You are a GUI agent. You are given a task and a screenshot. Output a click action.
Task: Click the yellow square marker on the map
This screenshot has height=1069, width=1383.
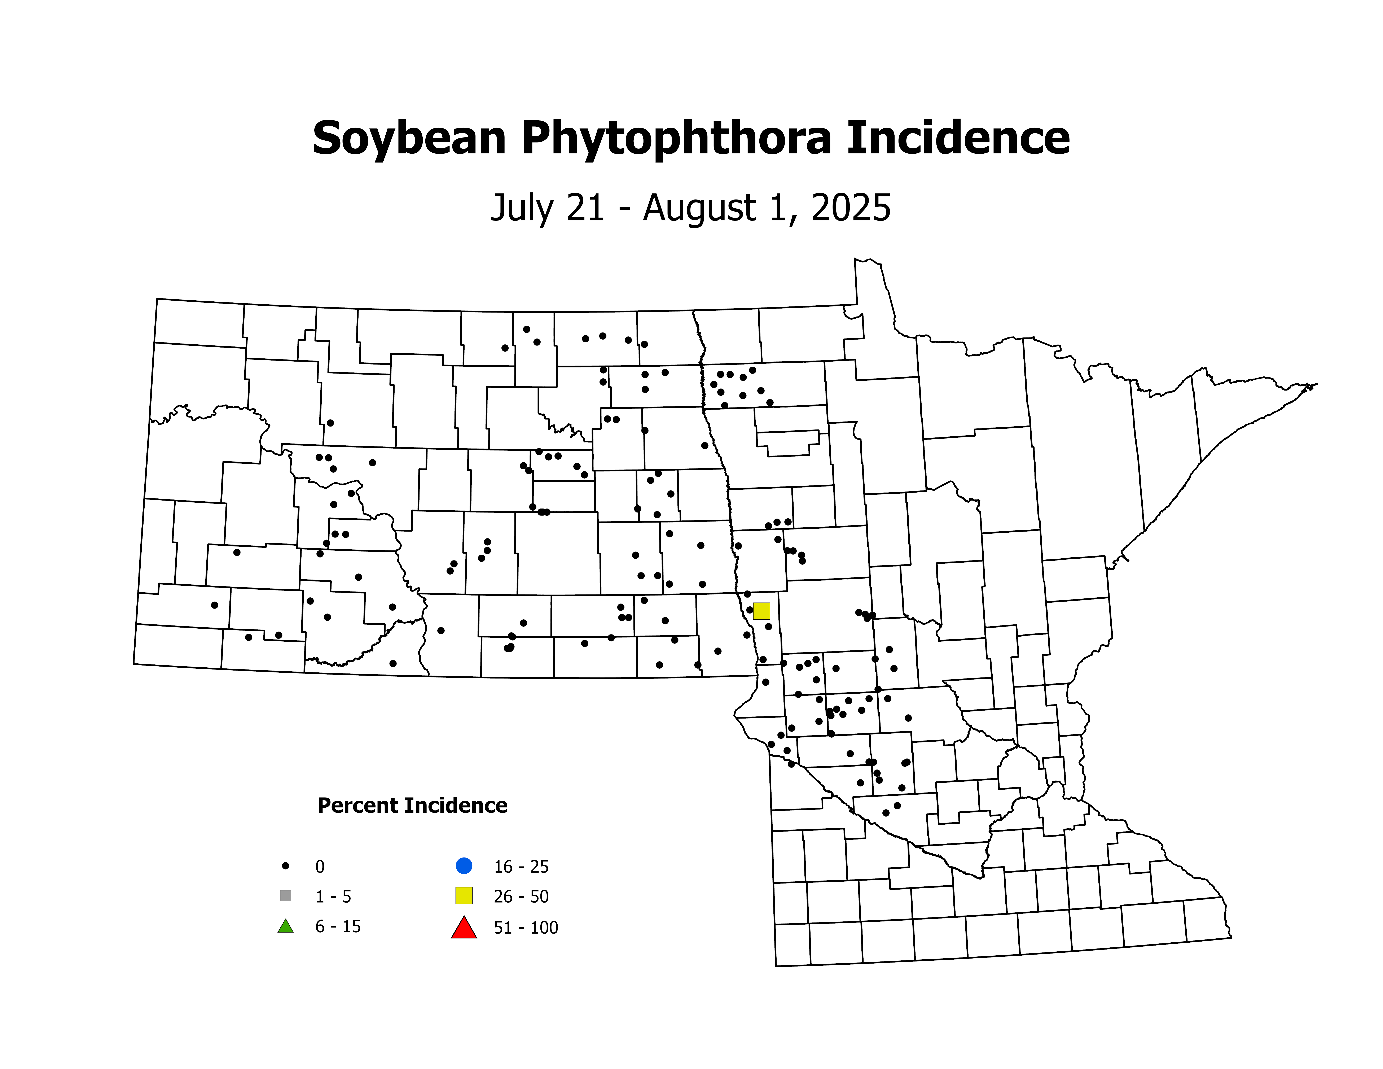(761, 611)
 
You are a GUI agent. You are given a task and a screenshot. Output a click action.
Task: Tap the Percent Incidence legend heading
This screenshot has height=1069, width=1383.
(412, 806)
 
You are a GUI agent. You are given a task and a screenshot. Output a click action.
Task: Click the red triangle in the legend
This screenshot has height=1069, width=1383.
(464, 928)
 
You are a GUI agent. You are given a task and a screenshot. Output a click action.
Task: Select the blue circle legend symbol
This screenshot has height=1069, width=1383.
(464, 865)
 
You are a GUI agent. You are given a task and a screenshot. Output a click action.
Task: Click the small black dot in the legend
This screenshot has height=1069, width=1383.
(286, 866)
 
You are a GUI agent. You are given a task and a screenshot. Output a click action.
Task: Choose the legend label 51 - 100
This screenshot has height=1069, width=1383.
(526, 928)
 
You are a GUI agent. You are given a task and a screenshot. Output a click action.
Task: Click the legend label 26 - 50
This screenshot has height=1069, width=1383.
(521, 897)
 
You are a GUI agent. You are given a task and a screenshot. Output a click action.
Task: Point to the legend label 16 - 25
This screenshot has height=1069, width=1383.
(521, 866)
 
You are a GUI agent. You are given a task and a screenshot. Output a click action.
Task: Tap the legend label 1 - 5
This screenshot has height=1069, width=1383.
(333, 897)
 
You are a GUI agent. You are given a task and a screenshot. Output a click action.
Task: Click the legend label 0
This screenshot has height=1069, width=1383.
(320, 866)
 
